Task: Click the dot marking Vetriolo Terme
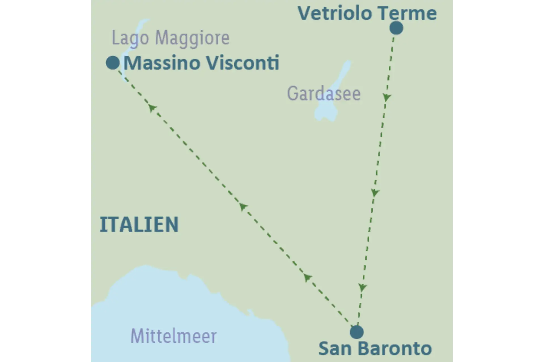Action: (x=396, y=28)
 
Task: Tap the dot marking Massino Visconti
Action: (x=113, y=63)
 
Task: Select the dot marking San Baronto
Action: (x=357, y=332)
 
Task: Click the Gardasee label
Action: (x=324, y=94)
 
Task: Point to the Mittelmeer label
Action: (x=173, y=336)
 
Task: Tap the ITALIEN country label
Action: (x=139, y=225)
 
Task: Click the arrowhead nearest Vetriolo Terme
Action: (x=387, y=98)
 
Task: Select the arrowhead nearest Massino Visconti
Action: (x=152, y=108)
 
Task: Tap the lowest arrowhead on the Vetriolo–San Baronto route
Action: (x=362, y=288)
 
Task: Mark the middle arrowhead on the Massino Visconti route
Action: (x=243, y=206)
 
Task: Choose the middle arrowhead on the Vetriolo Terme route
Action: (x=375, y=193)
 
